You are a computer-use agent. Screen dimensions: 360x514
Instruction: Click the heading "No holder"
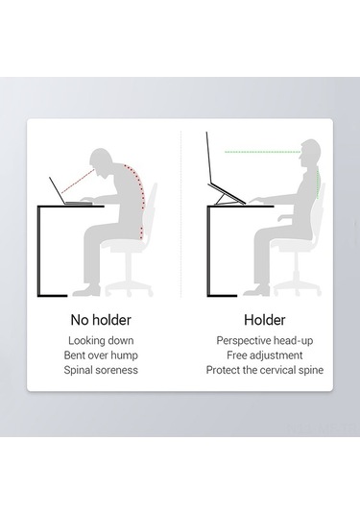click(101, 320)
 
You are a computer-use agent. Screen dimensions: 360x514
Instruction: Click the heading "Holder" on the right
click(265, 320)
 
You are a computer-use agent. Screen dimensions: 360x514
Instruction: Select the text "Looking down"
click(101, 341)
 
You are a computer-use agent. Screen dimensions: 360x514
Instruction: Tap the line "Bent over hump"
click(101, 355)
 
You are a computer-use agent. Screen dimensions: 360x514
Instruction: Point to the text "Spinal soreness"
click(101, 370)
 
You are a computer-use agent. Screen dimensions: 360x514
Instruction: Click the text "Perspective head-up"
click(265, 341)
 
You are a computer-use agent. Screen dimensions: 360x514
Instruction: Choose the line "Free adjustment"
click(265, 355)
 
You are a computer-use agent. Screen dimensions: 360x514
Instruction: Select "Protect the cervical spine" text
click(265, 370)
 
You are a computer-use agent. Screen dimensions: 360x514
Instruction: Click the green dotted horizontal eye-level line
click(262, 152)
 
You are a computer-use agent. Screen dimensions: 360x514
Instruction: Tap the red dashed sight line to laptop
click(78, 181)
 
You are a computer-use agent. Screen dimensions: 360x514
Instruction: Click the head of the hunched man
click(101, 160)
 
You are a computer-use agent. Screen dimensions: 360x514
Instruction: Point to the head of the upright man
click(310, 153)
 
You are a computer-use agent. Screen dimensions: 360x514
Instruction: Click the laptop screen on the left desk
click(58, 190)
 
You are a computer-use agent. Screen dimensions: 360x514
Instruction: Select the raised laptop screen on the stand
click(208, 158)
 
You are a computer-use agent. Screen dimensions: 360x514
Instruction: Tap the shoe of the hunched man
click(86, 291)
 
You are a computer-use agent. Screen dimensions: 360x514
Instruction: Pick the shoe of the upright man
click(256, 290)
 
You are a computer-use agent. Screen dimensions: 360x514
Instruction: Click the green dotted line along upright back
click(317, 183)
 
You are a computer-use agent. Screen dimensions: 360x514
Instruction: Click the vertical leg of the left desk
click(39, 251)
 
